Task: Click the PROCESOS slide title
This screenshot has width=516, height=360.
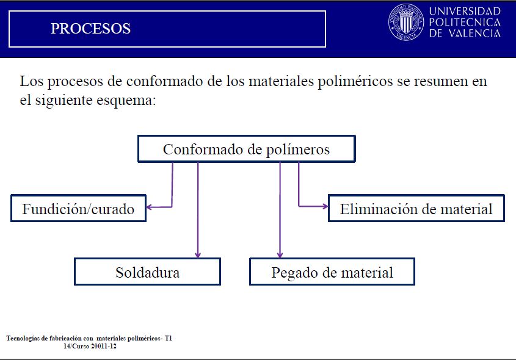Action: [90, 29]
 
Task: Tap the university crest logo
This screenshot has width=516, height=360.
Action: [406, 22]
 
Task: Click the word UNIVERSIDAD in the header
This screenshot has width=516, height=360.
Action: [465, 12]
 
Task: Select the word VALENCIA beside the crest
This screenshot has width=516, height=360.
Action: [474, 33]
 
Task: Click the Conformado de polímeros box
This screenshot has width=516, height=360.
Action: [247, 149]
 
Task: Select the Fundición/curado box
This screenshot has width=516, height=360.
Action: [78, 209]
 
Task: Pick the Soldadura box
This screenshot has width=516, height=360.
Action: [147, 272]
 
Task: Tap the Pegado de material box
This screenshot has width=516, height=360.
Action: [332, 272]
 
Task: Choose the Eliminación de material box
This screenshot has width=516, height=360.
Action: [416, 209]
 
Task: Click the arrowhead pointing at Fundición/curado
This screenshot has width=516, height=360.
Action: [149, 207]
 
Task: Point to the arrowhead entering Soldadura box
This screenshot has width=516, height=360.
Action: [198, 255]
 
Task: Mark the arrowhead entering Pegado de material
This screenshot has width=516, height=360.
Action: [280, 255]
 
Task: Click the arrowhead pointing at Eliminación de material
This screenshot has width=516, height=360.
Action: [325, 206]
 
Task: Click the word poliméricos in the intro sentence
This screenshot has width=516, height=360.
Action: [355, 82]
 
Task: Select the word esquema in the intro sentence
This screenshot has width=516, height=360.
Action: [126, 100]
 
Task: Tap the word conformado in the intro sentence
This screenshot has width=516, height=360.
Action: [165, 81]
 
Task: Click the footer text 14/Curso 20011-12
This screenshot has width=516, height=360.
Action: [90, 346]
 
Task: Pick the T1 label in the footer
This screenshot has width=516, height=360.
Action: [169, 338]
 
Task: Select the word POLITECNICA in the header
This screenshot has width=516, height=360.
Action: [465, 23]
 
